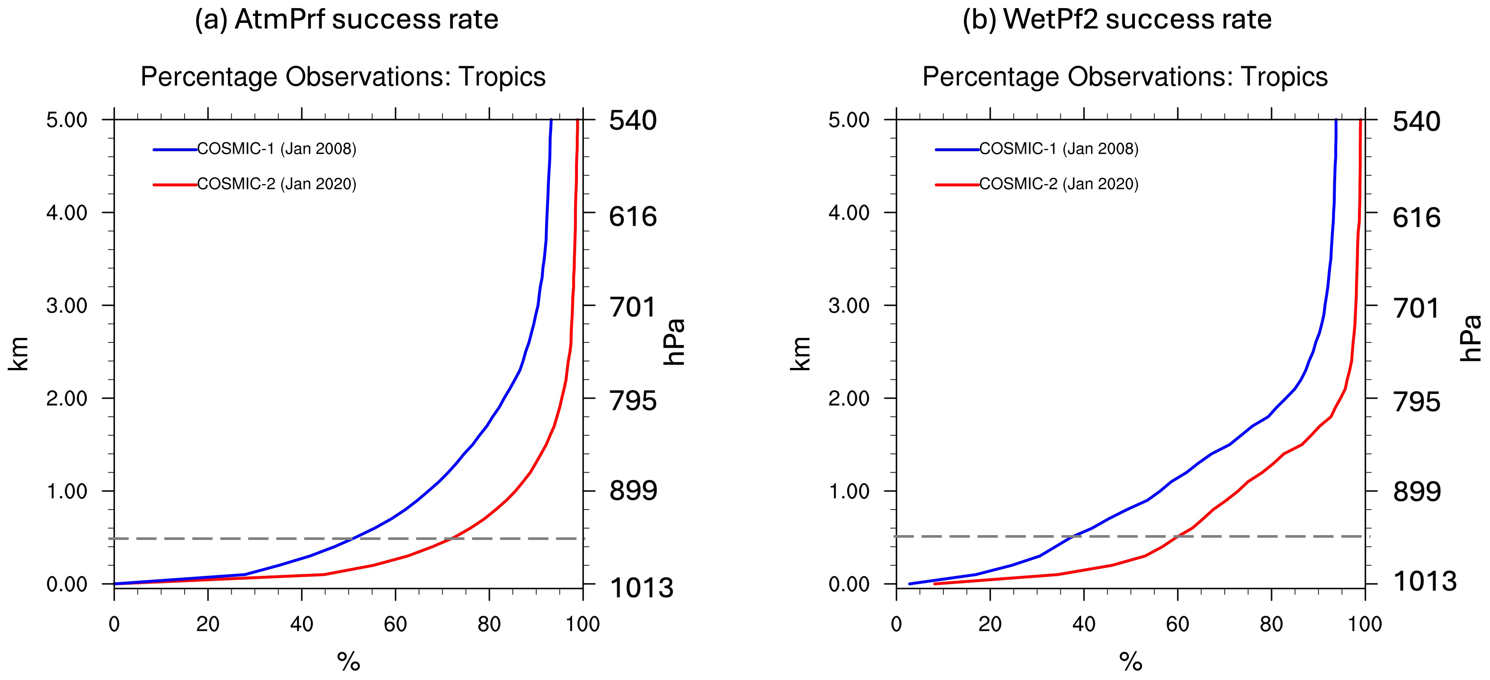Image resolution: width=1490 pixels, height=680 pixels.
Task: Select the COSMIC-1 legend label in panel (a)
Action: pos(277,149)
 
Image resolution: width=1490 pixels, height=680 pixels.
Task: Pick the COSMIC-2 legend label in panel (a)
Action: pos(277,184)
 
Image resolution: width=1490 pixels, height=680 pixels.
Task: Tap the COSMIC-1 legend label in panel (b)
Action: pos(1059,149)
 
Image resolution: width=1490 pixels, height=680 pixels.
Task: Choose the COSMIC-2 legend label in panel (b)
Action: pos(1059,184)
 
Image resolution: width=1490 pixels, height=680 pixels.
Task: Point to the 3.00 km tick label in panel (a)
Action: pos(66,306)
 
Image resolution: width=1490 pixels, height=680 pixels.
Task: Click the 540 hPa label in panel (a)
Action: pos(633,121)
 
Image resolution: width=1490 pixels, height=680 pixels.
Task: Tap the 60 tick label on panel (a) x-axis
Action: pos(395,624)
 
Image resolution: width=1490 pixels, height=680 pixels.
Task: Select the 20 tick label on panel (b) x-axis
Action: pos(990,624)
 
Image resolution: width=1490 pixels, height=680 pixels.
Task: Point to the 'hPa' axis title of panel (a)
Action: pos(674,342)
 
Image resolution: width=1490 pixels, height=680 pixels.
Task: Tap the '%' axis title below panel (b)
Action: pos(1131,661)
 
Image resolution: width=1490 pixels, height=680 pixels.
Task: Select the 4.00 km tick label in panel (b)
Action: pos(849,213)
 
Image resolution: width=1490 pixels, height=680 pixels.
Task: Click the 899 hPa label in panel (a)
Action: pos(633,491)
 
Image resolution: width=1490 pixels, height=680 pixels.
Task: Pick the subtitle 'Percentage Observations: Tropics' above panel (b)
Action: pos(1125,77)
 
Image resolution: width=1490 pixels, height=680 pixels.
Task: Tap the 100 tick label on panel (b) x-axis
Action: pos(1365,624)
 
